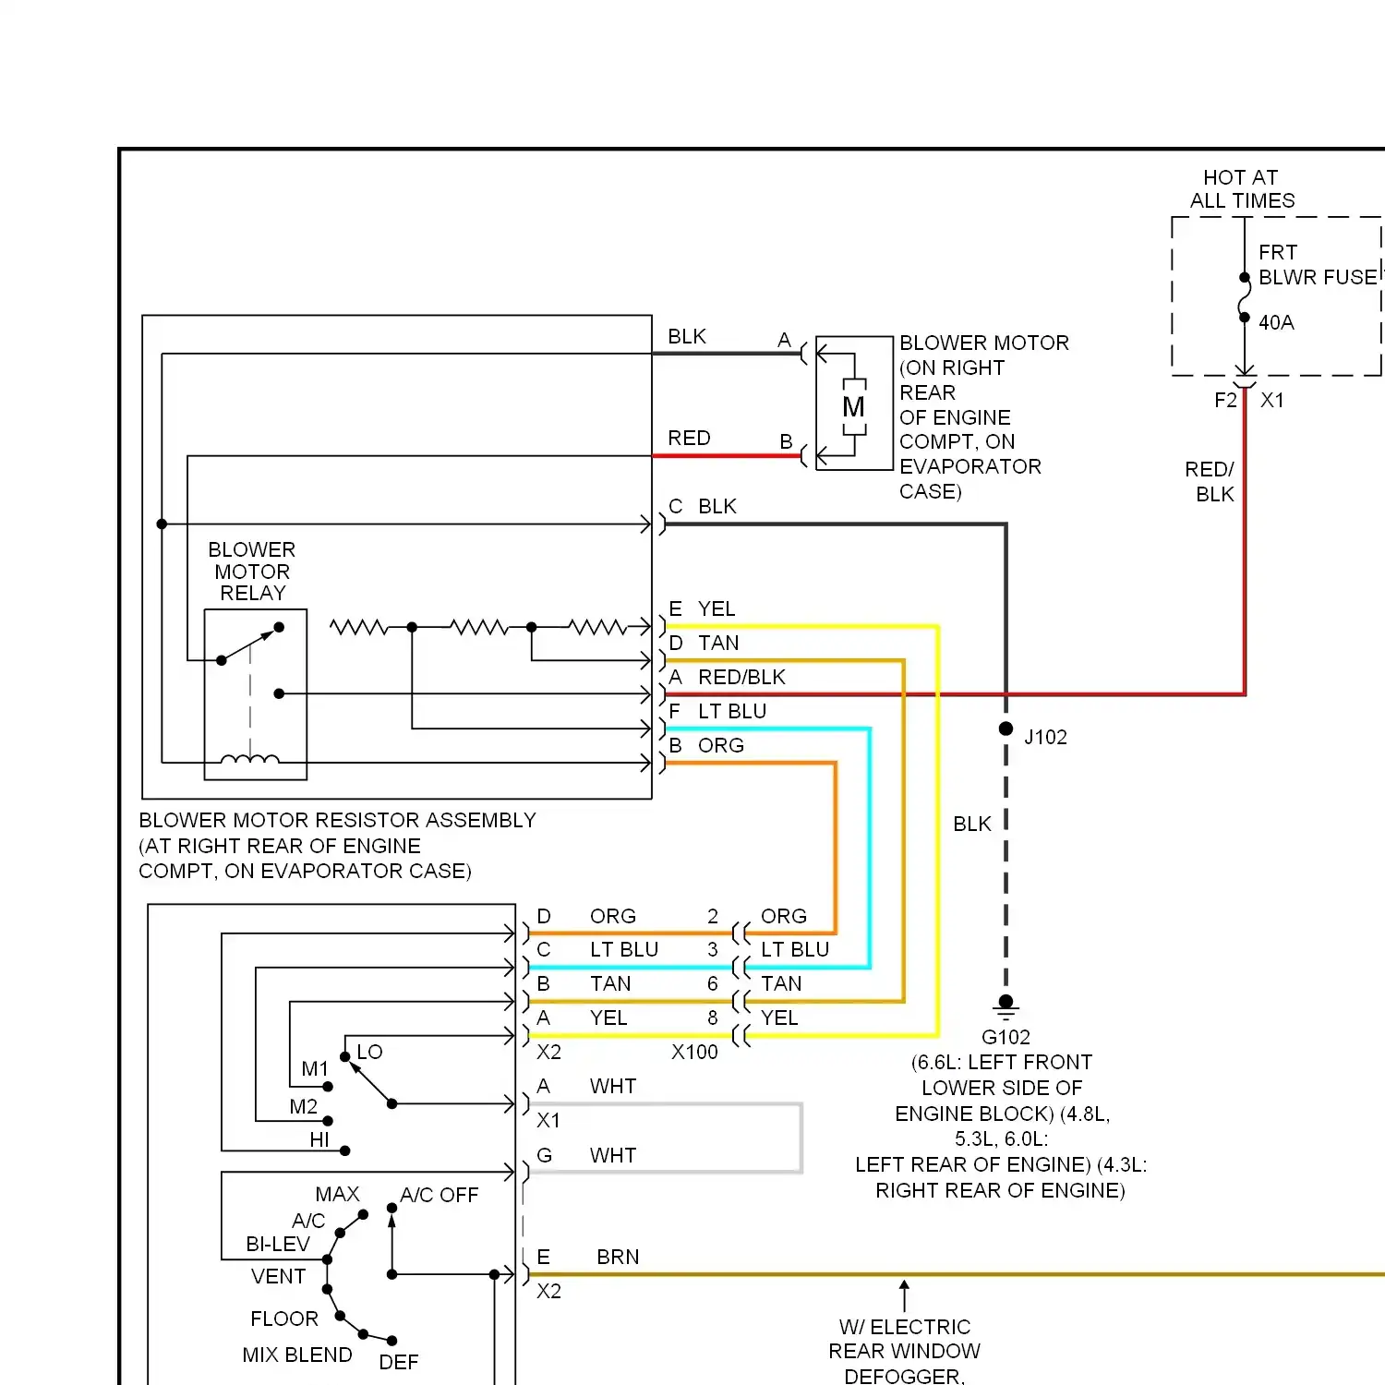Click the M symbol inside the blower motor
coord(854,406)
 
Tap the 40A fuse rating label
coord(1276,322)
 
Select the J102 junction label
coord(1045,737)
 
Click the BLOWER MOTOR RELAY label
coord(252,572)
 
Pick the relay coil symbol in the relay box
coord(249,760)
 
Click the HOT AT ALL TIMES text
coord(1242,189)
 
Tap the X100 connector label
coord(694,1052)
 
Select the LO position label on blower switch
coord(369,1052)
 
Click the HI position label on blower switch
coord(319,1139)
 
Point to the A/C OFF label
coord(440,1195)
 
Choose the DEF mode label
coord(399,1362)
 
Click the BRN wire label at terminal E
coord(618,1257)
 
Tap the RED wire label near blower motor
coord(689,438)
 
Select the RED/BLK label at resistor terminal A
coord(741,677)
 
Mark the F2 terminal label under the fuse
coord(1225,400)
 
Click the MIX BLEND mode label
coord(297,1355)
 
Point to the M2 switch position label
coord(303,1106)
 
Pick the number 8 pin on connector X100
coord(713,1018)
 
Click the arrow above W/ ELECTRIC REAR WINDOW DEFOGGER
coord(904,1295)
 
